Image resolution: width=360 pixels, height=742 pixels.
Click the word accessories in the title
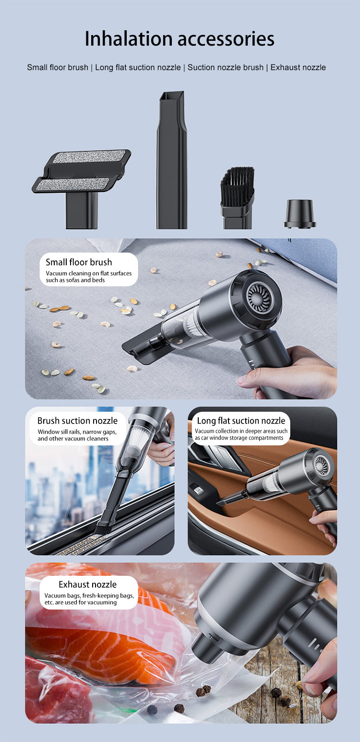(x=226, y=39)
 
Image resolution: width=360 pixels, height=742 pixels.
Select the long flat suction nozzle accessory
(x=171, y=159)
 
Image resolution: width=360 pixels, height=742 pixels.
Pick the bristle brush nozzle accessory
(x=238, y=198)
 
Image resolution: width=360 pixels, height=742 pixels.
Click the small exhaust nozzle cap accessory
(x=300, y=213)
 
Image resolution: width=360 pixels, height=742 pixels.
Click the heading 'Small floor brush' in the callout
(x=79, y=262)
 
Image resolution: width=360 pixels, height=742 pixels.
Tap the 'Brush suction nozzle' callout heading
(x=77, y=421)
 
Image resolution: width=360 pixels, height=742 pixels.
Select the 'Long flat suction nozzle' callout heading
(x=241, y=421)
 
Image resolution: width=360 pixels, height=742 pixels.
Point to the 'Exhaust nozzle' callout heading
(x=87, y=584)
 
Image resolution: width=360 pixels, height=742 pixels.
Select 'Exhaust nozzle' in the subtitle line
(x=298, y=67)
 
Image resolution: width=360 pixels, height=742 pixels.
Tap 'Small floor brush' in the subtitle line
(x=58, y=67)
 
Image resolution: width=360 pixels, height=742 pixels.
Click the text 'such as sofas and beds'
(x=75, y=280)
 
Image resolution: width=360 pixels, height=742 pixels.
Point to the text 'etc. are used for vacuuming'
(x=81, y=602)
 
